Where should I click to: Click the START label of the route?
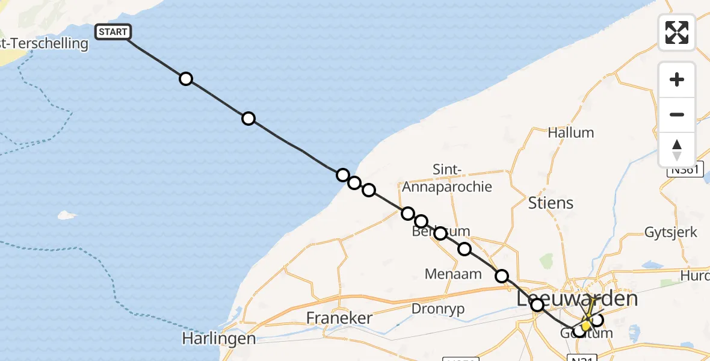[113, 32]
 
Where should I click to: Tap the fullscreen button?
[677, 32]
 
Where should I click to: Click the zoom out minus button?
[677, 114]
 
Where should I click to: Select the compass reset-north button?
[677, 150]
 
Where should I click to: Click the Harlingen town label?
[219, 339]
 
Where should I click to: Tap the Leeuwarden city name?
[577, 299]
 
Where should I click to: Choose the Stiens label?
[550, 203]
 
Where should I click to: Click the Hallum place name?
[570, 132]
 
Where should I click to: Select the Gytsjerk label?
[670, 232]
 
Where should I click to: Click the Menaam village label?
[453, 274]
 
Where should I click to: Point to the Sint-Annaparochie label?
[447, 179]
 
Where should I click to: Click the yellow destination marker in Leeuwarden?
[585, 326]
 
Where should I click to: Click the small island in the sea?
[67, 215]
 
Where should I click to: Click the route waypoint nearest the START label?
[186, 79]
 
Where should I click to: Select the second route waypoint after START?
[248, 119]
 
